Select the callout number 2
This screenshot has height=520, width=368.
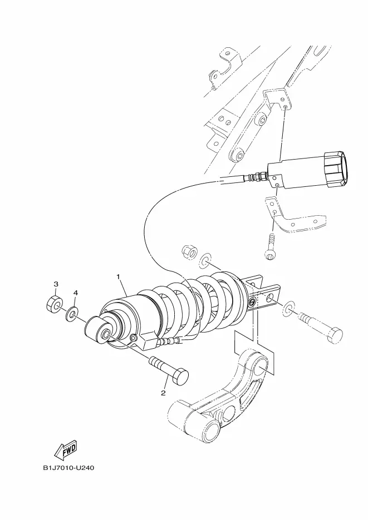(x=163, y=393)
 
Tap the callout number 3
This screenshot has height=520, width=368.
(x=56, y=284)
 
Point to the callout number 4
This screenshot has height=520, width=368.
(x=76, y=293)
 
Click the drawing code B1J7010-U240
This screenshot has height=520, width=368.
(x=68, y=468)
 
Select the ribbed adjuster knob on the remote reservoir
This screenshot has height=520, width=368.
(x=335, y=168)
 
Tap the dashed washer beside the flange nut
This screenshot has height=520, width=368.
(x=205, y=260)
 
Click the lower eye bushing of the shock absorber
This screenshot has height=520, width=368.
(x=100, y=330)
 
